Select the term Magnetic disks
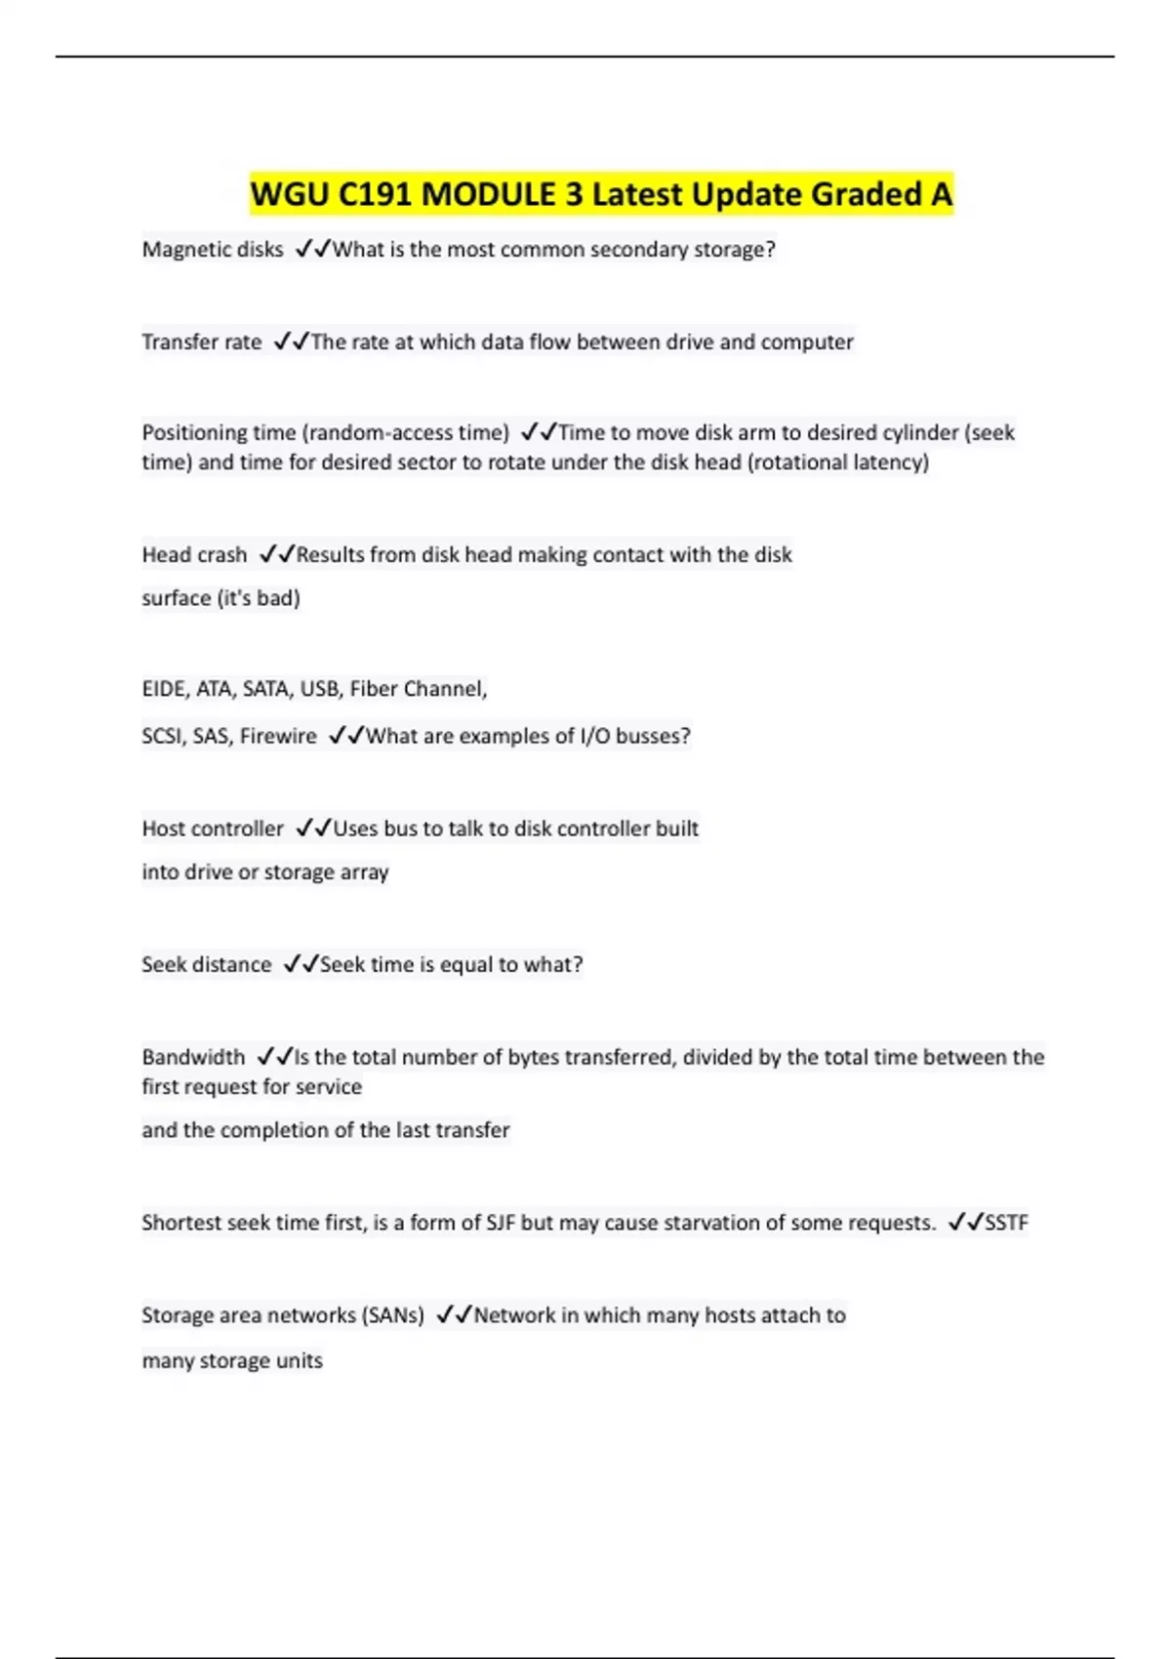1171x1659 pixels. click(x=213, y=250)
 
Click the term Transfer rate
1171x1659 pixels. click(x=202, y=343)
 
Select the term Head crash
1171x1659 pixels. click(x=194, y=555)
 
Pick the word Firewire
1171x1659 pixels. click(x=278, y=736)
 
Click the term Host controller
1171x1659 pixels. click(x=213, y=829)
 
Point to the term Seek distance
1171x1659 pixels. click(x=207, y=965)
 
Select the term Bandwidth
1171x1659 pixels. click(x=193, y=1057)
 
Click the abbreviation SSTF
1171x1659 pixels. click(x=1006, y=1223)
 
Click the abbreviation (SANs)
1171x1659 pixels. click(x=393, y=1315)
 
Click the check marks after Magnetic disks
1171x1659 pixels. click(x=312, y=250)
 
